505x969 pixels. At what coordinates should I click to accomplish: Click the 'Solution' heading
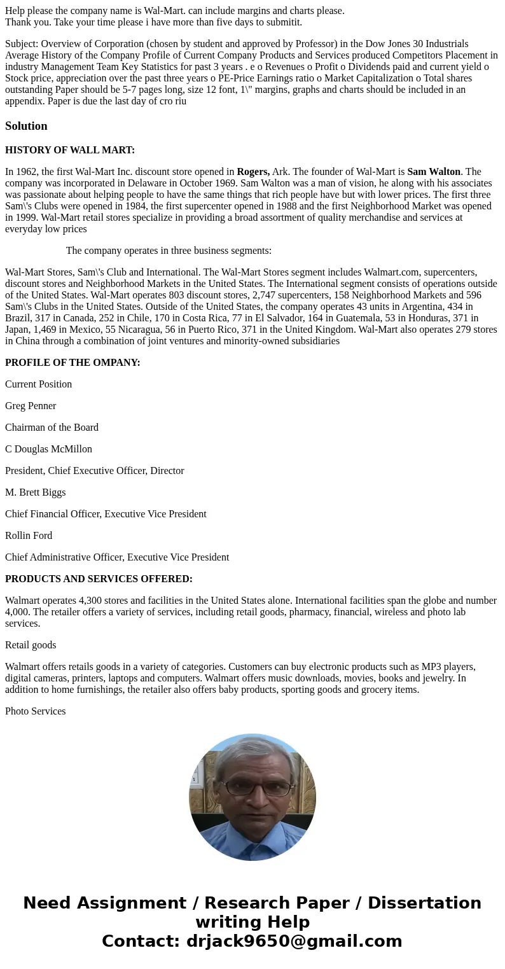26,126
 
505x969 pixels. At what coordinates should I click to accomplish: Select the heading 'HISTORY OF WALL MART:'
70,150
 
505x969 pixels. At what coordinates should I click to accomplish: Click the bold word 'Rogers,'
253,172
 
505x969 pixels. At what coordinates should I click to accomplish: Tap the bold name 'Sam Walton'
434,172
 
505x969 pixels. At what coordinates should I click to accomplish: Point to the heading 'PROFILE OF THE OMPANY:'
73,363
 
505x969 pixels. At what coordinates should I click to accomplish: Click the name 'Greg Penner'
31,406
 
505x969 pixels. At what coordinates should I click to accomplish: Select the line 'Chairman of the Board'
52,428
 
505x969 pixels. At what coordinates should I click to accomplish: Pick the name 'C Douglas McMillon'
48,449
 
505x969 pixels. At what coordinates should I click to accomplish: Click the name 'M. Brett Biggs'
36,492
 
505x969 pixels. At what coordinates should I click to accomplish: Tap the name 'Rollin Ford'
29,536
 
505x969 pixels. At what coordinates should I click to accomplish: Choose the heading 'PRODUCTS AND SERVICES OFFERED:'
99,579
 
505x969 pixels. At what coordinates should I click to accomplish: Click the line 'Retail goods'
31,645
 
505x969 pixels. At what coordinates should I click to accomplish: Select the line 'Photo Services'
36,711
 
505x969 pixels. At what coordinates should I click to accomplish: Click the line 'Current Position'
38,384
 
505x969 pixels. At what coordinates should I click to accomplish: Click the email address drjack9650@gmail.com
294,942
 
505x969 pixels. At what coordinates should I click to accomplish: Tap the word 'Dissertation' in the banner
424,903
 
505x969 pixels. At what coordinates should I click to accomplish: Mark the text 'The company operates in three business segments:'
169,251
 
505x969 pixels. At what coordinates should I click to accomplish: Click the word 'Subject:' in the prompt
22,44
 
